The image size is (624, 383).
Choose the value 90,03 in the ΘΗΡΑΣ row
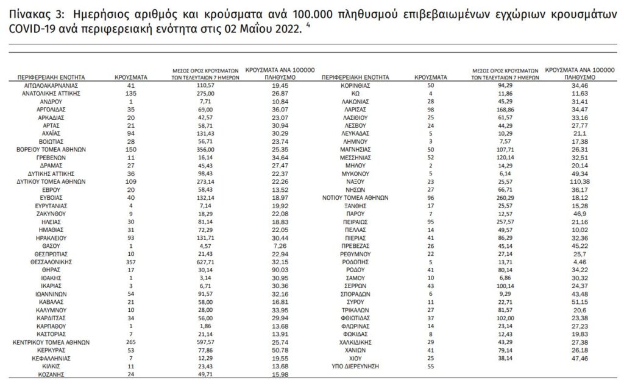tap(278, 269)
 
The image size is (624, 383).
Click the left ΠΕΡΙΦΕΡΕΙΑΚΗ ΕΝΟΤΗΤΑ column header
tap(52, 78)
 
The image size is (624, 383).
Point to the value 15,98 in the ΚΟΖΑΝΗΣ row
tap(278, 374)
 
